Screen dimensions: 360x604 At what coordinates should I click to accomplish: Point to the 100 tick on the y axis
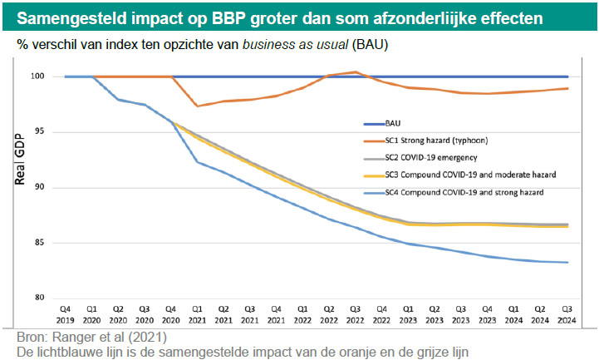[x=38, y=76]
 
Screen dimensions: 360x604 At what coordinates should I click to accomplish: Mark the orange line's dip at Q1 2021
[x=197, y=106]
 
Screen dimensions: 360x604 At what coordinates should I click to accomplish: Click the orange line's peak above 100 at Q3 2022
[x=356, y=72]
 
